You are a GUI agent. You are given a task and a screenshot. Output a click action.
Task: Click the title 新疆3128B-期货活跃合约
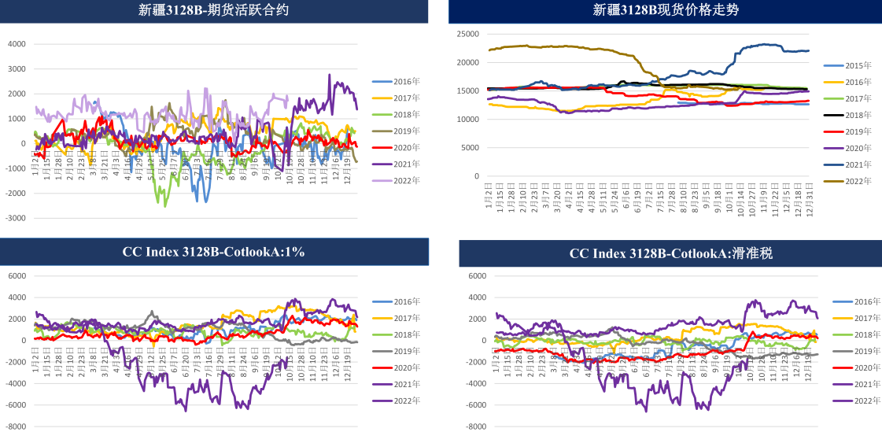pyautogui.click(x=213, y=10)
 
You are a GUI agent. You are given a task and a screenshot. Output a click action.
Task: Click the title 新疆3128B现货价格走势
pyautogui.click(x=666, y=10)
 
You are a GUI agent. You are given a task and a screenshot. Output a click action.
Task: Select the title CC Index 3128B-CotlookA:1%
pyautogui.click(x=213, y=252)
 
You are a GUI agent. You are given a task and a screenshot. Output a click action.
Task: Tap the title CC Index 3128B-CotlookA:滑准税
pyautogui.click(x=669, y=253)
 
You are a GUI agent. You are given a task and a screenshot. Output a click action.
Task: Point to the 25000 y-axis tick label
pyautogui.click(x=467, y=34)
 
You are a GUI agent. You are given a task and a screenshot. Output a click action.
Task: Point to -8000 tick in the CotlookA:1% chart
pyautogui.click(x=15, y=426)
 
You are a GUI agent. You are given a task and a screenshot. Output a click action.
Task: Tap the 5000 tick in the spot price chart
pyautogui.click(x=471, y=148)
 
